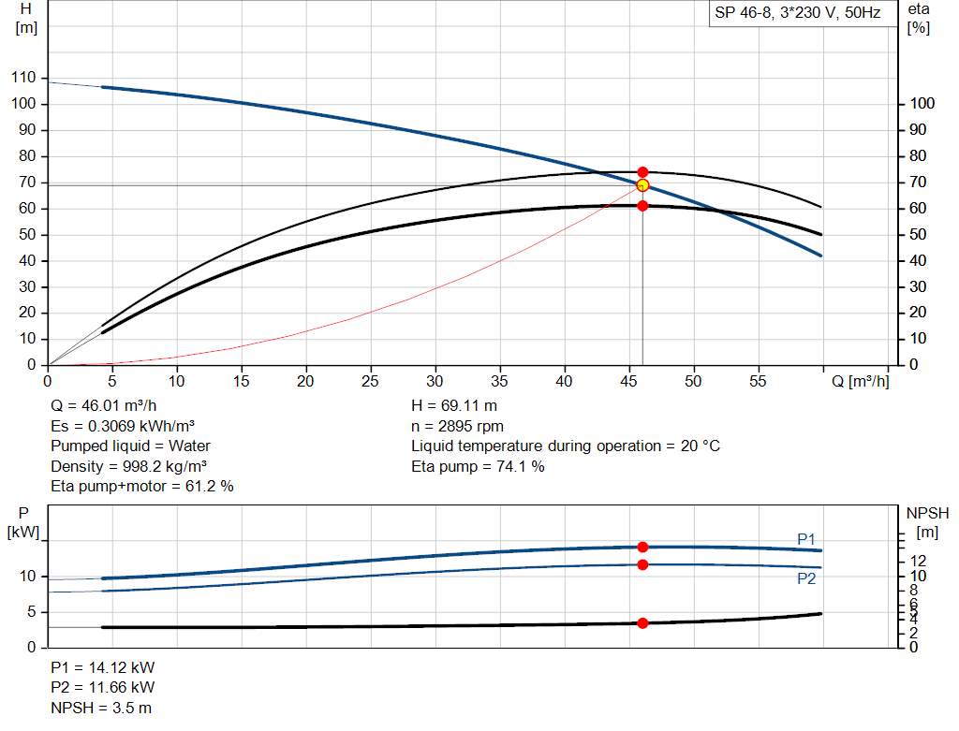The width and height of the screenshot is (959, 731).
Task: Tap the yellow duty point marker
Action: pos(642,185)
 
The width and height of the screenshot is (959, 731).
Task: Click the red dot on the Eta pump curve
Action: pos(642,172)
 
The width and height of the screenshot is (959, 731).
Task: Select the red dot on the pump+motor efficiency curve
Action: pos(642,205)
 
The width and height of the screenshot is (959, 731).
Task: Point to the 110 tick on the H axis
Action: pos(23,78)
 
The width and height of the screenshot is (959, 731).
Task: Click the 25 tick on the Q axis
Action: pos(371,382)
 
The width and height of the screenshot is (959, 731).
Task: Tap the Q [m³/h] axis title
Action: pos(860,382)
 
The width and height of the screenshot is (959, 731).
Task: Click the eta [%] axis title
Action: pos(919,18)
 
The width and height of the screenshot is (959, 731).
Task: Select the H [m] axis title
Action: pos(26,18)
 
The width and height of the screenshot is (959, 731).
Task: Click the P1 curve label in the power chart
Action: pos(806,539)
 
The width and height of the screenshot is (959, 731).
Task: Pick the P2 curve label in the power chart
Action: pos(806,578)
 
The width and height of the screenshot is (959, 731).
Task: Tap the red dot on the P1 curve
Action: pos(642,547)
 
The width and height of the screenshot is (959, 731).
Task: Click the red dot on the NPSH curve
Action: pos(642,622)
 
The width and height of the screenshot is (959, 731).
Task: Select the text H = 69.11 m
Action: pos(454,407)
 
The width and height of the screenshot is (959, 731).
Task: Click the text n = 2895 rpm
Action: pos(457,427)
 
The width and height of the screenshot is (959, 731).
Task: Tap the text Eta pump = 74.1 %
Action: pos(478,466)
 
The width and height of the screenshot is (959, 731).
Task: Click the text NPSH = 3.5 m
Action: pos(101,708)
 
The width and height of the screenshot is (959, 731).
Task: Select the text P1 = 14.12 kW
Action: pos(103,668)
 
